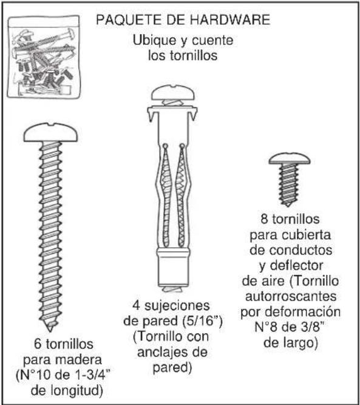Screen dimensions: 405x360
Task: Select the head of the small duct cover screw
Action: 287,158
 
